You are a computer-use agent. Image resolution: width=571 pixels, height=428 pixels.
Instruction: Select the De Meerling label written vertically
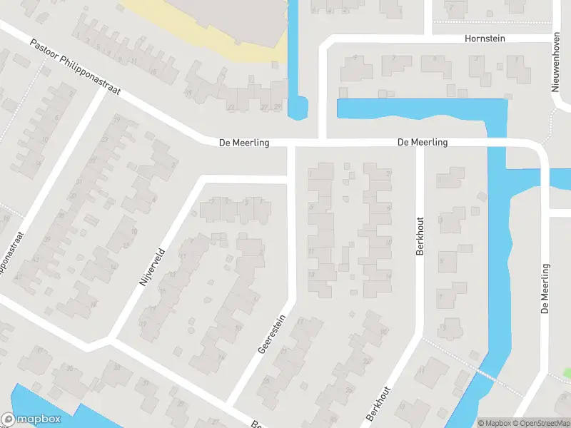coord(545,289)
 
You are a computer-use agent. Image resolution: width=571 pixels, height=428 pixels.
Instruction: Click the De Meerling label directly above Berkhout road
coord(423,143)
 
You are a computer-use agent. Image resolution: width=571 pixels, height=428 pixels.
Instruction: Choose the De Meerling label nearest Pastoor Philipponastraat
coord(244,143)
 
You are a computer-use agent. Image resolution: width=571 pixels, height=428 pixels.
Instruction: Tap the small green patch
coord(567,372)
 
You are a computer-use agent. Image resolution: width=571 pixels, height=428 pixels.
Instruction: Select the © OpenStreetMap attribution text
coord(541,423)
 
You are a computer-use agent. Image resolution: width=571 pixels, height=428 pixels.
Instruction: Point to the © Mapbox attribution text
coord(494,423)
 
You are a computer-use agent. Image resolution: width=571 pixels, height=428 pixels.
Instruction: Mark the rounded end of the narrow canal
coord(298,111)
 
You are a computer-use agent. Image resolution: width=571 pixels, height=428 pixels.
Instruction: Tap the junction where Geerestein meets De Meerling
coord(291,143)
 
